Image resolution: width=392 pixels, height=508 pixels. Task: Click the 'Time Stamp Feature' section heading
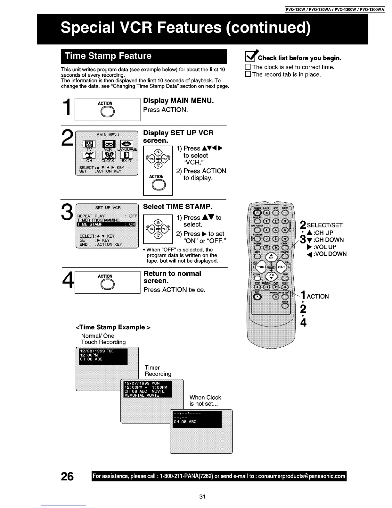click(x=108, y=56)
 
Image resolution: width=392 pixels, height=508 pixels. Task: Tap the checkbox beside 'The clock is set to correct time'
click(x=248, y=67)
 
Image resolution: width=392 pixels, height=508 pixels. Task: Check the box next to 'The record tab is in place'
click(x=248, y=75)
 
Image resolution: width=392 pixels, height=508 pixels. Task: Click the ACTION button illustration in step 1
click(x=105, y=112)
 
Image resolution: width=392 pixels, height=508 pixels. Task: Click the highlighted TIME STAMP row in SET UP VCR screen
click(x=106, y=224)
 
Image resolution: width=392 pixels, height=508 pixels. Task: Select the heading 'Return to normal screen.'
click(x=172, y=277)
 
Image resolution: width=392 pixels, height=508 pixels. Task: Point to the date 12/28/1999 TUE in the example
click(x=97, y=351)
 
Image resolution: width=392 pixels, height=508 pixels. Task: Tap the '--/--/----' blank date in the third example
click(x=187, y=414)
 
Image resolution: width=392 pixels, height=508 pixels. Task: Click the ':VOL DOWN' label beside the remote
click(x=330, y=254)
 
